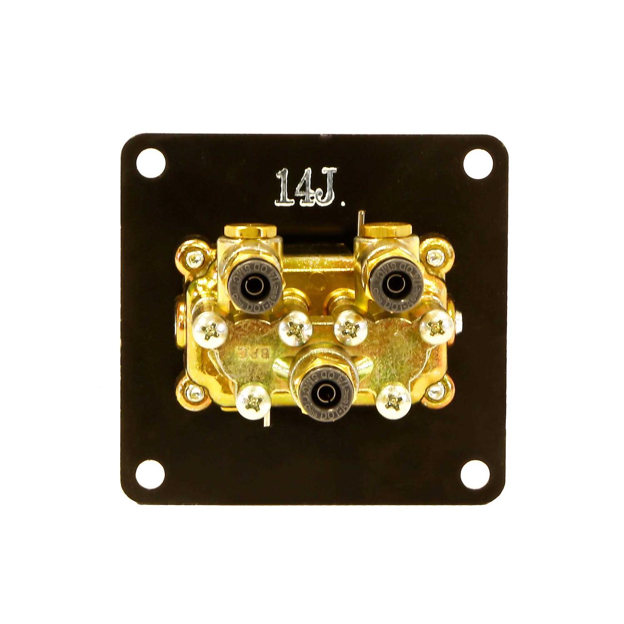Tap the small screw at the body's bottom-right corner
click(x=435, y=390)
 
